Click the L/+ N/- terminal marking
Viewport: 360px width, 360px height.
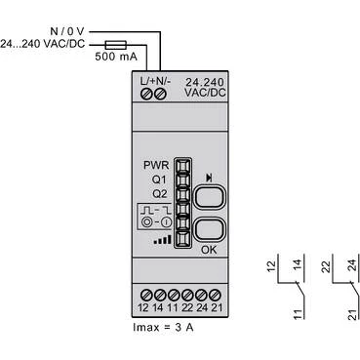click(x=154, y=78)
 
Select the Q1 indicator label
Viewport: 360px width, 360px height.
click(x=160, y=180)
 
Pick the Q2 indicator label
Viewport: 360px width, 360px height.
click(x=160, y=193)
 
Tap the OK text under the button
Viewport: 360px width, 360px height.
click(x=208, y=250)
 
